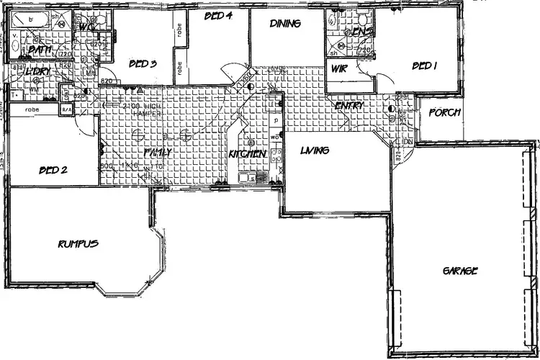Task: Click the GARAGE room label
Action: [x=460, y=271]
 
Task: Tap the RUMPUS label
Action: [x=78, y=244]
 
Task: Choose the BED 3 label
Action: [x=143, y=63]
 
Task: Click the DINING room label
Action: [x=285, y=24]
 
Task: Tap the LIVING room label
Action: [x=315, y=150]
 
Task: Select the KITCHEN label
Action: [x=248, y=154]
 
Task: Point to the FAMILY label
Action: [x=158, y=152]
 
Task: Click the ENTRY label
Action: [x=349, y=106]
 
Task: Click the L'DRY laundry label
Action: [x=35, y=71]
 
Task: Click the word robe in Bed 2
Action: [x=31, y=109]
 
